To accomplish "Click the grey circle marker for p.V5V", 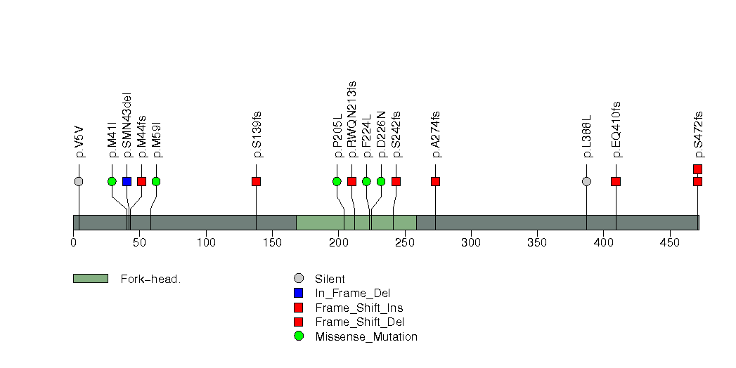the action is tap(79, 181).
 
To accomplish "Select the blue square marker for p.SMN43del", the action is tap(127, 181).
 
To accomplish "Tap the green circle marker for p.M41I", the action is tap(112, 181).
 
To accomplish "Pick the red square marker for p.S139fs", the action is tap(256, 181).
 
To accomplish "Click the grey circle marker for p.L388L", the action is tap(586, 181).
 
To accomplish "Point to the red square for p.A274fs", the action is tap(436, 181).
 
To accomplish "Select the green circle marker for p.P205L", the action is tap(337, 181).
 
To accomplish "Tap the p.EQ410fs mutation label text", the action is tap(616, 129).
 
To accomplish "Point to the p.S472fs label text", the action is tap(698, 135).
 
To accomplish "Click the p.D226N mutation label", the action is tap(381, 135).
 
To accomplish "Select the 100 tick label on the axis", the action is tap(206, 242).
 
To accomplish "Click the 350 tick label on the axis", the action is tap(537, 242).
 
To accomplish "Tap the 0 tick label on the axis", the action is tap(73, 242).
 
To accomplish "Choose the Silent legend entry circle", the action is tap(298, 279).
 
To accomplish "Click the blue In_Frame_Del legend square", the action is tap(298, 293).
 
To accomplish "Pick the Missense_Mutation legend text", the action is tap(366, 336).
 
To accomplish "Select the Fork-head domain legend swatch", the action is tap(91, 279).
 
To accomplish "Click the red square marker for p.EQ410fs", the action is tap(616, 181).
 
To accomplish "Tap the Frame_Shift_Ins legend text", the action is tap(359, 308).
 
